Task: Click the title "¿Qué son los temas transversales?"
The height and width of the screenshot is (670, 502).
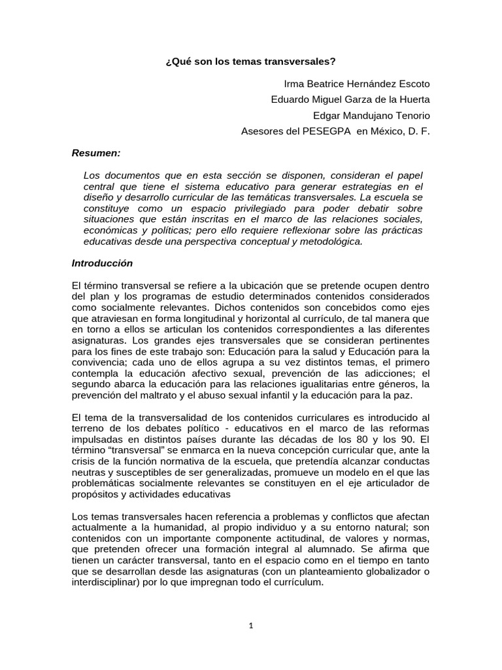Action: tap(251, 62)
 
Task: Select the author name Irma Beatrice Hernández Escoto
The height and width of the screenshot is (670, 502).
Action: tap(357, 84)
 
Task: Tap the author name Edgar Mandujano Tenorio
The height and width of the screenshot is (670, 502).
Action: tap(372, 115)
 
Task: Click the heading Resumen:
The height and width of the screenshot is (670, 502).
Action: tap(96, 153)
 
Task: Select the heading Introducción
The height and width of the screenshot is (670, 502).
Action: tap(102, 263)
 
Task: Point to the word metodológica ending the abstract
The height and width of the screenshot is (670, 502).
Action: tap(333, 241)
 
